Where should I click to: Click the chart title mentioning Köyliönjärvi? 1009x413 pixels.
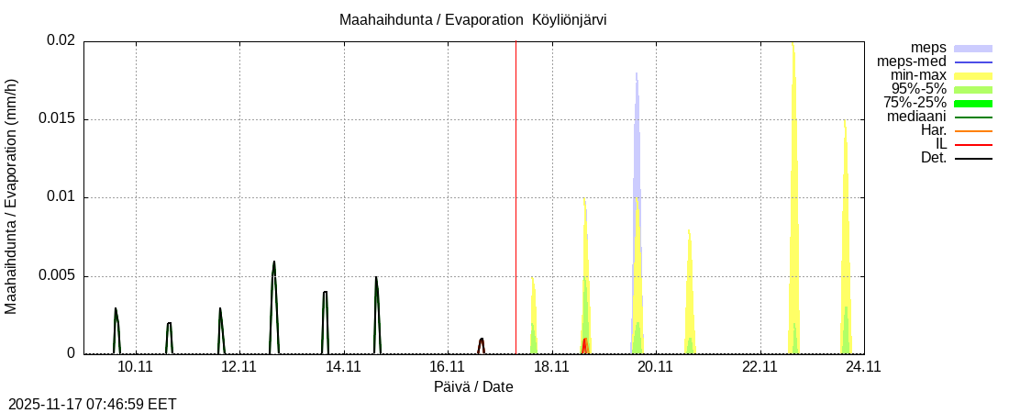tap(472, 20)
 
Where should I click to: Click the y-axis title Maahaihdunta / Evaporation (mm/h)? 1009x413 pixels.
tap(12, 197)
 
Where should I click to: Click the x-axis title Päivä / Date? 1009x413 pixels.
tap(473, 386)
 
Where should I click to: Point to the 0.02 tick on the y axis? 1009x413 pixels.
tap(61, 41)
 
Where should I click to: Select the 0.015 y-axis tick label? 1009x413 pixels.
tap(57, 119)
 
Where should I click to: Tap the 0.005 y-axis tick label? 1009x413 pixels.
tap(57, 276)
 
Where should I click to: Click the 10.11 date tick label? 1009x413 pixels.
tap(135, 366)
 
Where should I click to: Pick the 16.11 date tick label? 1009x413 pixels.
tap(447, 366)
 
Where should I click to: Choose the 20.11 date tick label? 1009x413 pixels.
tap(655, 366)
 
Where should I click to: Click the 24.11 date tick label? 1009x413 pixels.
tap(863, 366)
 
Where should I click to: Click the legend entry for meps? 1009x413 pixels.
tap(928, 48)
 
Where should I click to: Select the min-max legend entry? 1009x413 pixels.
tap(919, 75)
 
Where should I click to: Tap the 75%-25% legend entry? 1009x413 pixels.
tap(915, 103)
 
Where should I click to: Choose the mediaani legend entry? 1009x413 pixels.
tap(917, 117)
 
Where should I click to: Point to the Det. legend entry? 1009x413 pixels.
tap(934, 158)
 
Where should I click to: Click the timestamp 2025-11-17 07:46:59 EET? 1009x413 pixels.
tap(93, 404)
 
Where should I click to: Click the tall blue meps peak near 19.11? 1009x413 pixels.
tap(637, 138)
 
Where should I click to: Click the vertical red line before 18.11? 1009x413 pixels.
tap(516, 184)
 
